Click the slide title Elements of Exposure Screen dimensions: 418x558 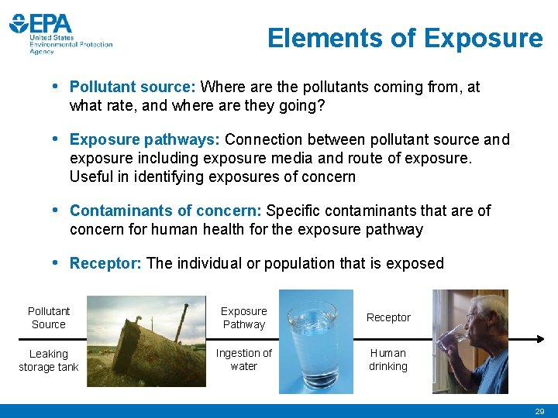point(405,38)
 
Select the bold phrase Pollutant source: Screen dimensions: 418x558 point(133,87)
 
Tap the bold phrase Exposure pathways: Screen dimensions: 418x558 point(145,140)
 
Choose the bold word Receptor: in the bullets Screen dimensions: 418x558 point(105,264)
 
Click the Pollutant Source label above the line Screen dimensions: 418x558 point(48,317)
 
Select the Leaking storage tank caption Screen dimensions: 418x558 point(48,360)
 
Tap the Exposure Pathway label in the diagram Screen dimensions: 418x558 point(243,317)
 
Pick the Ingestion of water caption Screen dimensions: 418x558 point(243,360)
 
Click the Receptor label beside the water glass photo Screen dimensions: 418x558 point(388,317)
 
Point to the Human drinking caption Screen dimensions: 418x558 point(388,360)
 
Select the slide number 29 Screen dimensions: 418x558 point(539,412)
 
